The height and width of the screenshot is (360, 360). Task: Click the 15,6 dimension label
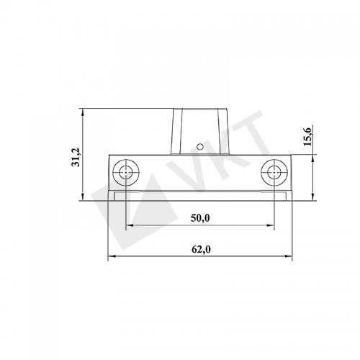point(307,137)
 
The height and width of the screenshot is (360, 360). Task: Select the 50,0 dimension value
point(200,218)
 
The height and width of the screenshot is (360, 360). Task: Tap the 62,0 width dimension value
point(201,250)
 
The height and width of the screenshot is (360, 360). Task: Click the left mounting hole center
point(126,172)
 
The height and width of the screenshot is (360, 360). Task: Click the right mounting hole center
point(274,172)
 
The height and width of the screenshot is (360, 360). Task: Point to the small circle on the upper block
point(199,146)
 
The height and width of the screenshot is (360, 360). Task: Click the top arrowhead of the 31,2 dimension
point(83,112)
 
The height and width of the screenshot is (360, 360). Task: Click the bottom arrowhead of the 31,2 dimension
point(83,197)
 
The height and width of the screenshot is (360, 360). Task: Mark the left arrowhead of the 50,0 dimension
point(130,225)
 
